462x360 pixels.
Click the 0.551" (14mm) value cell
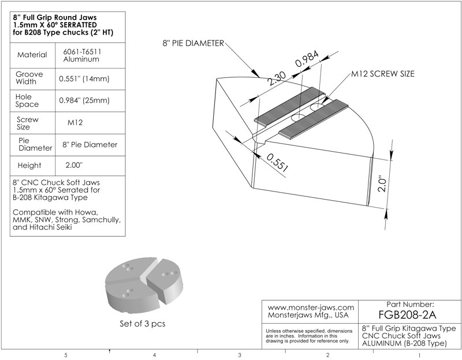[84, 78]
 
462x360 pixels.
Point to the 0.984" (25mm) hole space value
[84, 100]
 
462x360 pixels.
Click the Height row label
[29, 165]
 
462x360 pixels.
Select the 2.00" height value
[75, 165]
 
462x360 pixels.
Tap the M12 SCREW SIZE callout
[382, 74]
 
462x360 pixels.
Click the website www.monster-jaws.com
[311, 308]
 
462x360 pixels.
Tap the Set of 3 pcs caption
[142, 324]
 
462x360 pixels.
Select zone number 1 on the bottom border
[418, 355]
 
